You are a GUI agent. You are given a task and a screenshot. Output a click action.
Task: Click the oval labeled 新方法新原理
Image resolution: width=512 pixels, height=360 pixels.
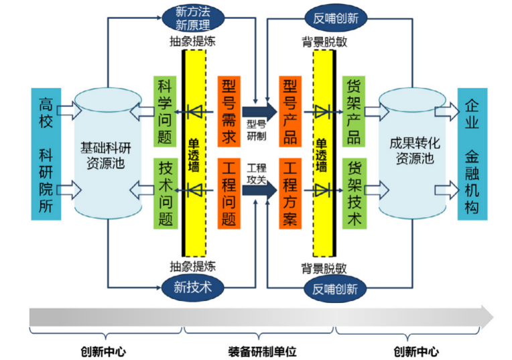coord(192,18)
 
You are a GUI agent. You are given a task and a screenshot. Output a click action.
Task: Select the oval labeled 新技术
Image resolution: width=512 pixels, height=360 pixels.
coord(192,288)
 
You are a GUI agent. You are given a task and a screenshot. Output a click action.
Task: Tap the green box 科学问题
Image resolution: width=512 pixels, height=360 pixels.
coord(164,111)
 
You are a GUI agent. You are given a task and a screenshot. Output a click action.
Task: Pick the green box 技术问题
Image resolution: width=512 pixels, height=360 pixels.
coord(164,192)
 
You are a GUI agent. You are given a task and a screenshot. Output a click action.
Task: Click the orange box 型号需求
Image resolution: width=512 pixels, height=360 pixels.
coord(229,111)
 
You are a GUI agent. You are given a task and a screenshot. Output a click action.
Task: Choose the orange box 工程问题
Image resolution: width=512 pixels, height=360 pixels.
coord(229,192)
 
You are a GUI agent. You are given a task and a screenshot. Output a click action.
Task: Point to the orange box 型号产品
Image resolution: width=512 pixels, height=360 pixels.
coord(290,111)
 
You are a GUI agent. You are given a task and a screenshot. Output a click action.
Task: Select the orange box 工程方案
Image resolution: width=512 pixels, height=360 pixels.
coord(290,192)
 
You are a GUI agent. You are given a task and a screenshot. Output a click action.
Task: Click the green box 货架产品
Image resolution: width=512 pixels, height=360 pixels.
coord(353,111)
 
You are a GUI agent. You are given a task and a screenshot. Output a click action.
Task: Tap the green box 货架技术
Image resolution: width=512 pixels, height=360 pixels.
coord(353,192)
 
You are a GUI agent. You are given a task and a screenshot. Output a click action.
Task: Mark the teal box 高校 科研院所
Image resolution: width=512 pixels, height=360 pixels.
coord(46,154)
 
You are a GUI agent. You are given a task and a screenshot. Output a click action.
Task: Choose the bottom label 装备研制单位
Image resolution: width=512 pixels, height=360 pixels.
coord(261,351)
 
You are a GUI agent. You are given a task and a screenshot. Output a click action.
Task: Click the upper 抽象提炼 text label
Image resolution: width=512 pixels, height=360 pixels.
coord(192,42)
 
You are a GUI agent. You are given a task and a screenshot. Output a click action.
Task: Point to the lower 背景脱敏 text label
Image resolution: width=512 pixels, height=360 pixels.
coord(324,268)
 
